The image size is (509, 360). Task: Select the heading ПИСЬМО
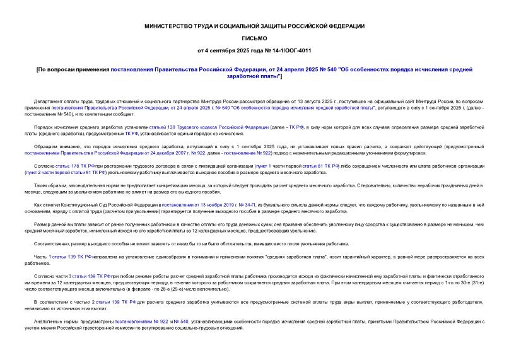(x=254, y=38)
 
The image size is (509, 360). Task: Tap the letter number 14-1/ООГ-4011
(x=288, y=50)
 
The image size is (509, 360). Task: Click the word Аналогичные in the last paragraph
(x=49, y=322)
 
